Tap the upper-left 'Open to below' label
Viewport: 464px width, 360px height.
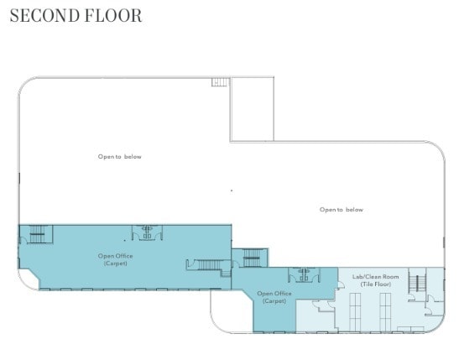(119, 156)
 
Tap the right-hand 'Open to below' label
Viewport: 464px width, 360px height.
(341, 210)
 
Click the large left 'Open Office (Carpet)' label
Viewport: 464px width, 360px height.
(115, 259)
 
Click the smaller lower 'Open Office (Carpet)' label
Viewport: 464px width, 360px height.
(274, 297)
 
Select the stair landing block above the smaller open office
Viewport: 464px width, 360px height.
(251, 258)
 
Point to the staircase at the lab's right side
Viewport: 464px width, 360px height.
(415, 284)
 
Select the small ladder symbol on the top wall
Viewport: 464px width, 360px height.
(220, 82)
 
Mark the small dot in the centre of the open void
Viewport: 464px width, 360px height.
(232, 191)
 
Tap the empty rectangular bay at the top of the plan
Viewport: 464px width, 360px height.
(252, 109)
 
